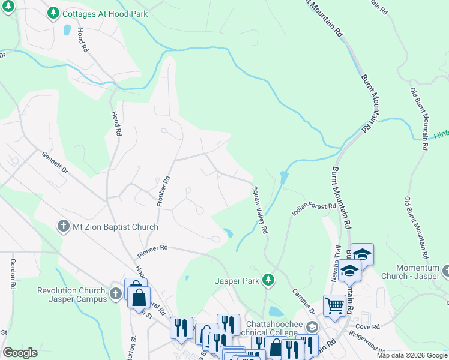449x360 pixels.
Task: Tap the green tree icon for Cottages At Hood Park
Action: click(53, 12)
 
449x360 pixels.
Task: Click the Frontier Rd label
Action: click(160, 191)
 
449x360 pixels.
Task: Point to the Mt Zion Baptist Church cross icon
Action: click(62, 227)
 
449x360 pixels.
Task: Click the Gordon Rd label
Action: click(11, 275)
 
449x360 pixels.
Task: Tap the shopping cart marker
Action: click(334, 304)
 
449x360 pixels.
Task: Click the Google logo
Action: click(20, 353)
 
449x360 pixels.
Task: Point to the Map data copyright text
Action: click(412, 355)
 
